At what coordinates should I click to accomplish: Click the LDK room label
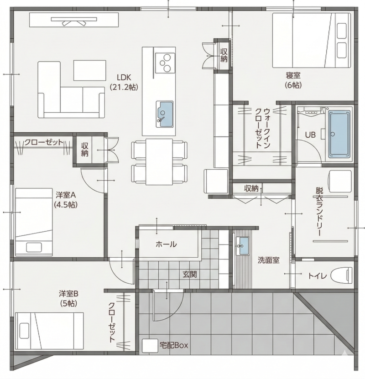124,78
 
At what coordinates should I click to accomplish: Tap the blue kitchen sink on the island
165,114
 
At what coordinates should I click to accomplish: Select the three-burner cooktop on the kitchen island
165,62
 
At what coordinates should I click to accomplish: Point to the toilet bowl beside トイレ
341,276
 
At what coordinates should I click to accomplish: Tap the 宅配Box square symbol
150,346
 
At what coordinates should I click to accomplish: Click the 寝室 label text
293,75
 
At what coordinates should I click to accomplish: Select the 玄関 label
190,274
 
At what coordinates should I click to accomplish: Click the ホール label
166,244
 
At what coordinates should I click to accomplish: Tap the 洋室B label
68,294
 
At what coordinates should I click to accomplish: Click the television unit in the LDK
74,20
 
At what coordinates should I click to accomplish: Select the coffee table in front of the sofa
90,70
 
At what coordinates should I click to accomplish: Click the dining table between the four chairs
159,162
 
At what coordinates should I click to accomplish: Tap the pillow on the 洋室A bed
34,248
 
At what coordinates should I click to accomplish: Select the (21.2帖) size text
124,87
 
